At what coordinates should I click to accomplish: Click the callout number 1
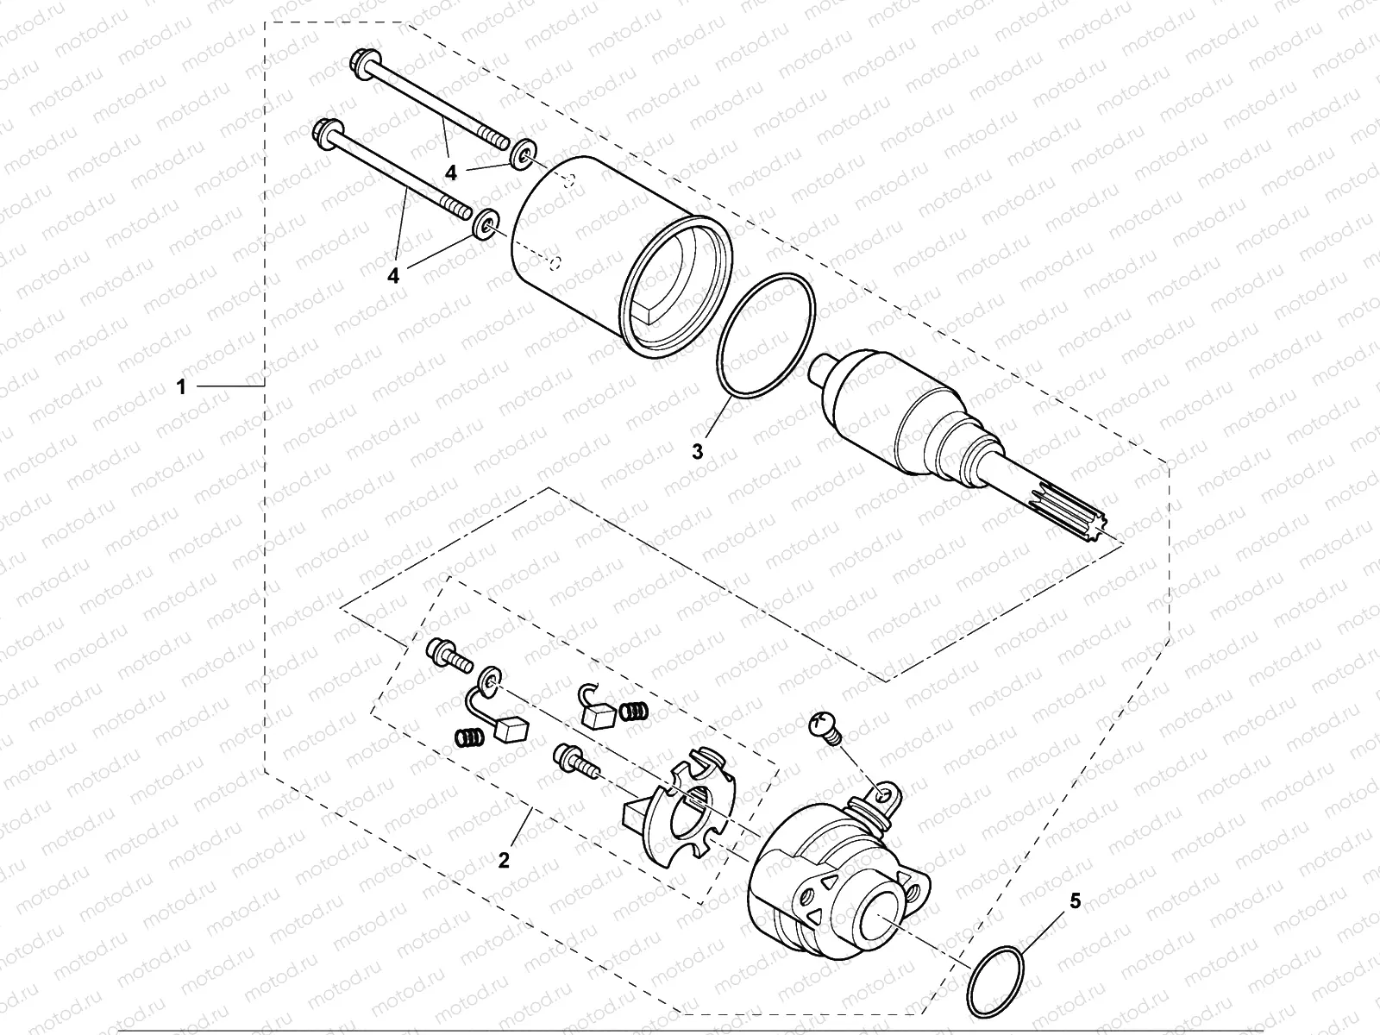pos(181,388)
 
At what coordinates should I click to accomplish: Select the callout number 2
pos(505,860)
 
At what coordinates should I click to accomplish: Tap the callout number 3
pos(699,450)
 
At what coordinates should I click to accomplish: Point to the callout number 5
pos(1074,902)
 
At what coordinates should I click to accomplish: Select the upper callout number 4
pos(450,173)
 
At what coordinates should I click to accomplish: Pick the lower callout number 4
pos(394,275)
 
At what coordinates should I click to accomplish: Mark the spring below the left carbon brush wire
pos(467,737)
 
